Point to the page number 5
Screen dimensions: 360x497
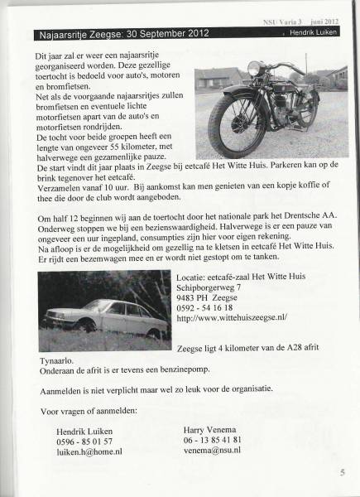coord(341,474)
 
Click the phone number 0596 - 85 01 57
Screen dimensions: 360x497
coord(84,441)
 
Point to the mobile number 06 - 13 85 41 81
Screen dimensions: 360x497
coord(213,439)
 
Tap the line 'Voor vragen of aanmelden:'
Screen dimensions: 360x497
coord(91,411)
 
